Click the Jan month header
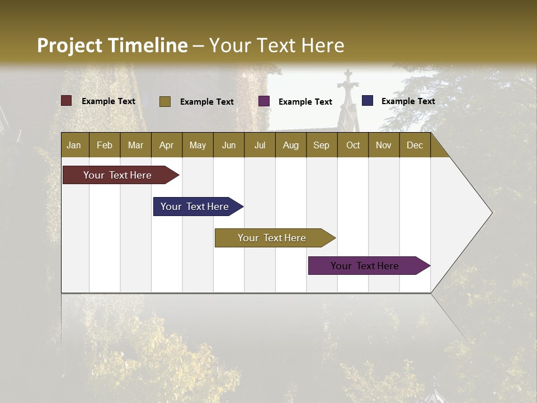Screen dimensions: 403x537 74,145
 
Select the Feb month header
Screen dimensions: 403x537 105,145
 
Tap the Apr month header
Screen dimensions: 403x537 166,145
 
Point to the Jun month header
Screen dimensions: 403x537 229,145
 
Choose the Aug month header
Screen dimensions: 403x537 290,145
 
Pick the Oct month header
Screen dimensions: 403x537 353,145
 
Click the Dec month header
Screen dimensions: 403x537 414,145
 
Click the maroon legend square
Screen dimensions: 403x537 67,101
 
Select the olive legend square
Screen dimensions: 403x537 164,101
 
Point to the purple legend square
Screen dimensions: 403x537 264,101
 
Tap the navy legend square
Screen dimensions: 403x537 368,101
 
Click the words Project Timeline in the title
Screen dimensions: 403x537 112,45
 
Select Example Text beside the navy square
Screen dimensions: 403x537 408,101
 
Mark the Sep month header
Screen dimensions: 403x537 321,145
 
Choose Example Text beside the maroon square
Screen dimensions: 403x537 109,101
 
